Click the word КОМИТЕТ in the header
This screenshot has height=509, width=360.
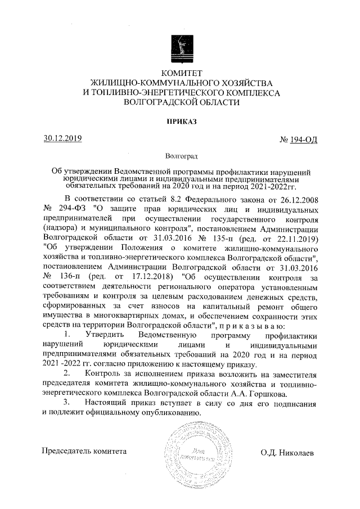click(181, 73)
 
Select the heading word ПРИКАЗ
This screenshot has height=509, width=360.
click(181, 121)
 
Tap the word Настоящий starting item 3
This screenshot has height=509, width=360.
click(107, 403)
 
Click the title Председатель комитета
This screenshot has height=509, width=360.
click(85, 451)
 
